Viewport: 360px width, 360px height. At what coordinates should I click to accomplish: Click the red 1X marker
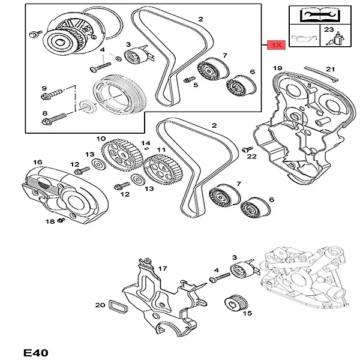click(x=276, y=45)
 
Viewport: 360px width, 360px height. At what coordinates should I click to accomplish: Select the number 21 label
click(x=329, y=69)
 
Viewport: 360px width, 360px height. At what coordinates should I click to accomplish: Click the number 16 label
click(x=37, y=162)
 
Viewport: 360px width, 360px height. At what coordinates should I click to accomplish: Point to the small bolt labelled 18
click(x=59, y=222)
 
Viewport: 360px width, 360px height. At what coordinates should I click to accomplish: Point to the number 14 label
click(x=145, y=143)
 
